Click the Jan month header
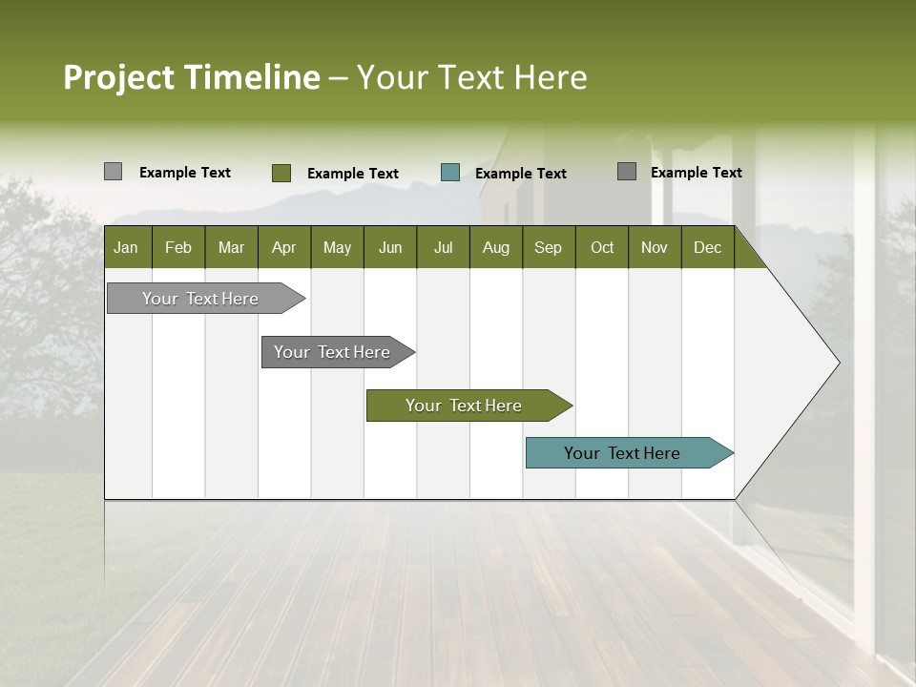(127, 247)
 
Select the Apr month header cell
(284, 247)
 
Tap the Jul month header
(443, 247)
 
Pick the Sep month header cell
(549, 247)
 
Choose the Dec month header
(707, 247)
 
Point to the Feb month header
(178, 247)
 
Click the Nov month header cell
(655, 247)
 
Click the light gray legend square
(113, 172)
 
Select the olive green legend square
(281, 173)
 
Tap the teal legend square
(450, 173)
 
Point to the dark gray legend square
(626, 172)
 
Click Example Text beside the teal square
(520, 174)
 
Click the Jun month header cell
(390, 247)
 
